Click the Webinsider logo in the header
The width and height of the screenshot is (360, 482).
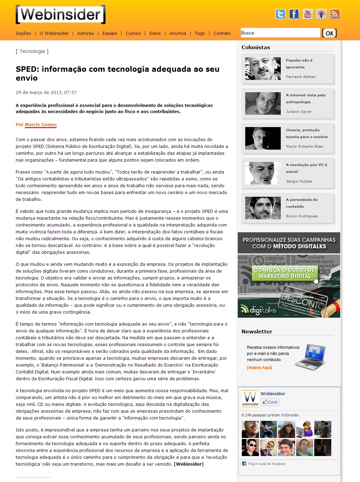[x=60, y=15]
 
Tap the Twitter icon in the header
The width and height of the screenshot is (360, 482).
[x=280, y=14]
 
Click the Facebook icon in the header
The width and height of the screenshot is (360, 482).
[x=294, y=14]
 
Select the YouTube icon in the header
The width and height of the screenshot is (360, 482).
[x=308, y=14]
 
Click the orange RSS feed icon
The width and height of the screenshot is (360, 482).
[x=335, y=14]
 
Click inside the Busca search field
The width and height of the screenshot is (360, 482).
[x=280, y=33]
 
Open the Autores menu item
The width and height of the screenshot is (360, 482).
[x=85, y=33]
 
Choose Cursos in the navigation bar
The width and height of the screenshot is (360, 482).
[x=133, y=33]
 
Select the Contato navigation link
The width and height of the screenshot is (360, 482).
[x=222, y=33]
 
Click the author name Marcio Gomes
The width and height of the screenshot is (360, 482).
[x=41, y=125]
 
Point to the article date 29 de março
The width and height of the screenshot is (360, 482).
[x=46, y=93]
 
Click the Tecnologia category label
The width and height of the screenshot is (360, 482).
[x=32, y=51]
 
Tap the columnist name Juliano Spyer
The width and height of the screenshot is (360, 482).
[x=299, y=112]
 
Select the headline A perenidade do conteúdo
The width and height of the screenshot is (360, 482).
[x=302, y=203]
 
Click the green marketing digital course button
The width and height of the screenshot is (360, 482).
[x=285, y=273]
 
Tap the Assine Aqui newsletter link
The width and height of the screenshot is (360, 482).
[x=259, y=368]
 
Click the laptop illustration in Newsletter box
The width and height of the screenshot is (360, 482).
[x=310, y=357]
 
